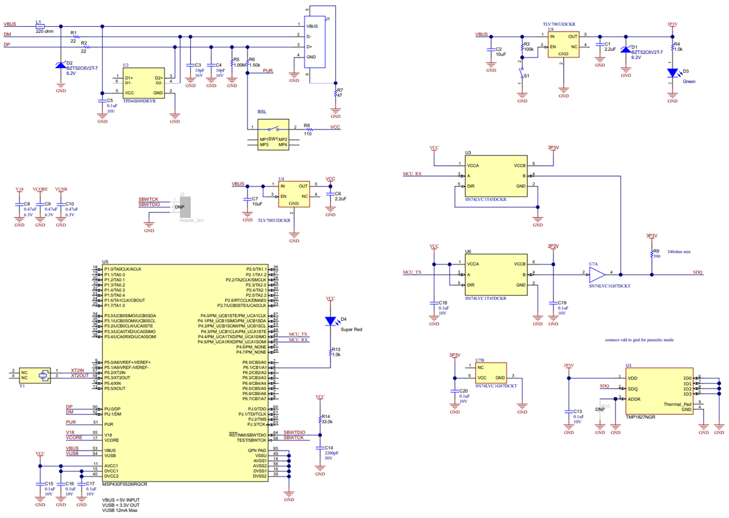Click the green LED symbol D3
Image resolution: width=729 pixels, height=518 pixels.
(x=672, y=73)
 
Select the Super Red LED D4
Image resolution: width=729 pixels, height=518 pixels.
(x=330, y=321)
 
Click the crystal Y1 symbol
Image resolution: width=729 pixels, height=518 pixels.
(x=43, y=375)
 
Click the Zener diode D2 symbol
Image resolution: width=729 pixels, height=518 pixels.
(x=61, y=65)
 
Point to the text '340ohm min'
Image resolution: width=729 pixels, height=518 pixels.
(x=679, y=251)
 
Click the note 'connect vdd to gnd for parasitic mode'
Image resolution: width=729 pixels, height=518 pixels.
(x=639, y=340)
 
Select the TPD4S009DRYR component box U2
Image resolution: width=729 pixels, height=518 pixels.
(x=143, y=85)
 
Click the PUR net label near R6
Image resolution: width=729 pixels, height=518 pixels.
(x=267, y=70)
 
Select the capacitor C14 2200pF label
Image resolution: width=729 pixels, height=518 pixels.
(x=332, y=453)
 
